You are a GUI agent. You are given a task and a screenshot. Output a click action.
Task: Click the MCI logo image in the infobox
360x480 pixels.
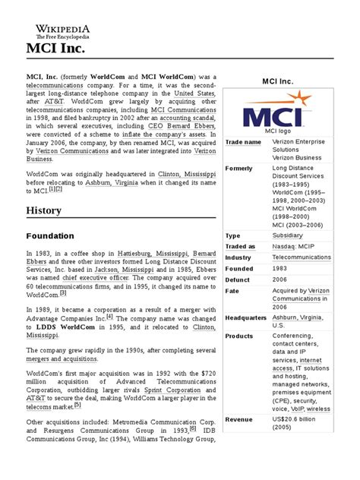coord(283,113)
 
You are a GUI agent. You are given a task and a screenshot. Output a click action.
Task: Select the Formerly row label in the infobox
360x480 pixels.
coord(242,168)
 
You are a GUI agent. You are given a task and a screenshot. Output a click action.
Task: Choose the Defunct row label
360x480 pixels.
coord(240,279)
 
